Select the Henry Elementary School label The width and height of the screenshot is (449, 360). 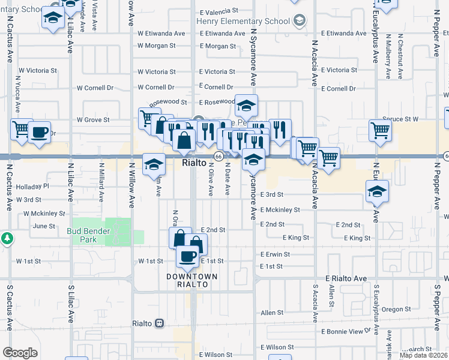tap(243, 21)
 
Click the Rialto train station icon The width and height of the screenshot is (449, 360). tap(159, 323)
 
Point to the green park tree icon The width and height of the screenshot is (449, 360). tap(7, 238)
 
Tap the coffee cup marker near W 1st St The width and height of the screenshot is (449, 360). tap(187, 256)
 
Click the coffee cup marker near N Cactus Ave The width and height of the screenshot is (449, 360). tap(39, 132)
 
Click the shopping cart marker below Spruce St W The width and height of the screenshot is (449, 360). tap(381, 130)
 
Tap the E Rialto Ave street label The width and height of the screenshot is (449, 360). tap(346, 278)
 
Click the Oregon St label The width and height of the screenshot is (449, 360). tap(396, 310)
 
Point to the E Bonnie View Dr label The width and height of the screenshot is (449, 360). tap(346, 331)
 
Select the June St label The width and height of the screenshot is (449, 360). tap(45, 226)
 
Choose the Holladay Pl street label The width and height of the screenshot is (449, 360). tap(32, 186)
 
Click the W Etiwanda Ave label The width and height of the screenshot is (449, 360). tap(161, 34)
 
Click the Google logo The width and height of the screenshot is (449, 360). tap(20, 352)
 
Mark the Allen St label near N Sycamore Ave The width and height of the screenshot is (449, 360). tap(272, 313)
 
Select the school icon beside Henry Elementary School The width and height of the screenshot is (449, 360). tap(298, 21)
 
